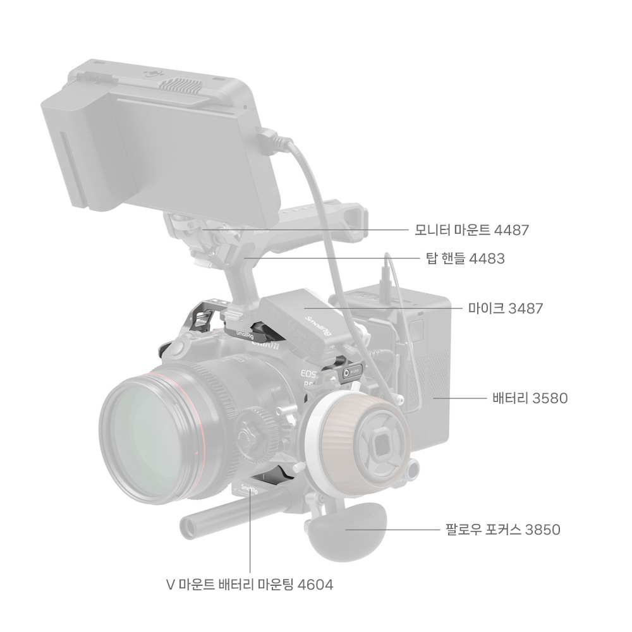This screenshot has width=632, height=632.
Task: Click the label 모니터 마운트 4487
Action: pos(471,230)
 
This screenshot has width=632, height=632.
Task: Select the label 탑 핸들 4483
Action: pos(465,258)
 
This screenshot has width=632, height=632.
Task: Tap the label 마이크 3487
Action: pos(506,308)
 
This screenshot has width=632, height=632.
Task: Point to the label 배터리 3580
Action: pos(530,398)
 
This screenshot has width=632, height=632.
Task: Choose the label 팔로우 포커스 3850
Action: pos(503,529)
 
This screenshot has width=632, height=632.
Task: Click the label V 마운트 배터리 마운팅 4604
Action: pos(250,585)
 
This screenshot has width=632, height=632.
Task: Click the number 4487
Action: pos(511,230)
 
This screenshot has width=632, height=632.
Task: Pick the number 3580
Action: pos(550,398)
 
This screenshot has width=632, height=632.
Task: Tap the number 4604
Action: pos(315,585)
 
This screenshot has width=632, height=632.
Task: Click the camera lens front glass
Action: pos(151,437)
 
